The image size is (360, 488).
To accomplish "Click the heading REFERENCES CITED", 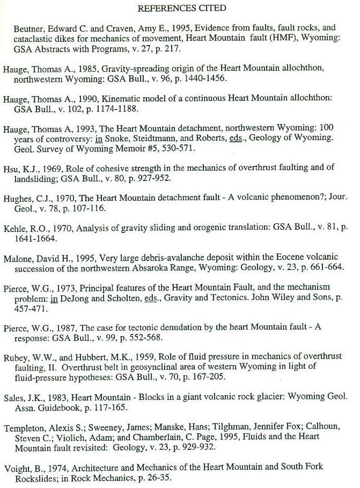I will tap(182, 8).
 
